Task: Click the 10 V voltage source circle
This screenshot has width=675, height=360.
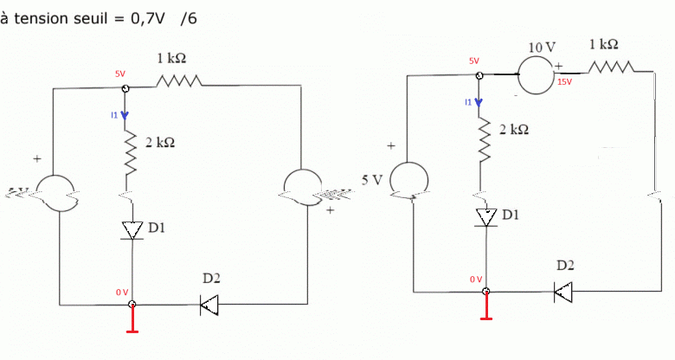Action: tap(542, 75)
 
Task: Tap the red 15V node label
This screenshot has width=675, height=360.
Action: tap(565, 81)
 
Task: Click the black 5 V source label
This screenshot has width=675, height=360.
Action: tap(371, 180)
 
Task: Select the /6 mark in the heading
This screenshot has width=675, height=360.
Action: tap(188, 17)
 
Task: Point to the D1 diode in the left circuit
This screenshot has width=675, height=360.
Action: tap(132, 230)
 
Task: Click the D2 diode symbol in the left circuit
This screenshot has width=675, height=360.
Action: tap(209, 304)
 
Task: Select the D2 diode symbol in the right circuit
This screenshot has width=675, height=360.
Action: tap(563, 292)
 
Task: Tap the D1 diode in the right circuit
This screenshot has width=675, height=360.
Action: tap(486, 216)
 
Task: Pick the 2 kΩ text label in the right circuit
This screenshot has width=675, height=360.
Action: tap(513, 129)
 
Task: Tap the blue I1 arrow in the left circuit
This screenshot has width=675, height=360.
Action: tap(125, 118)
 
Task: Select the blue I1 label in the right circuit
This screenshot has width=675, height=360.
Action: tap(468, 102)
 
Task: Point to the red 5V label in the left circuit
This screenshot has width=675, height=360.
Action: tap(119, 74)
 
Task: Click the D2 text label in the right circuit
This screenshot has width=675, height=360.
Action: tap(564, 265)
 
